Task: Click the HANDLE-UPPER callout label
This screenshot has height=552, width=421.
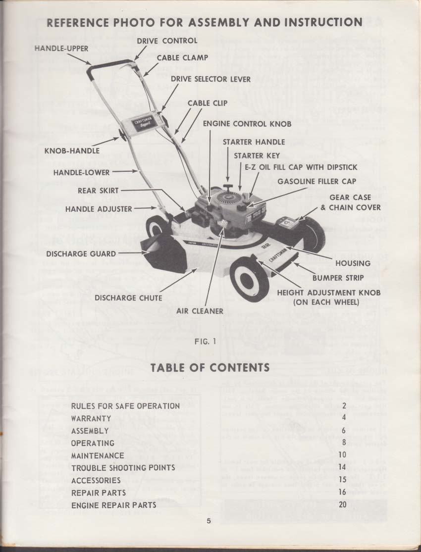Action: tap(61, 49)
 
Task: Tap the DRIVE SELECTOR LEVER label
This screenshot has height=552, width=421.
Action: tap(210, 79)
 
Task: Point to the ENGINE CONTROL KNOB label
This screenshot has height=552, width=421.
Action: tap(248, 123)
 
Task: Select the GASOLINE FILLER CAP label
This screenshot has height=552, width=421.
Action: tap(316, 181)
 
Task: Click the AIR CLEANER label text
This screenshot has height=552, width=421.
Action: tap(200, 311)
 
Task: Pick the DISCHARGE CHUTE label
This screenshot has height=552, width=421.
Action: tap(128, 298)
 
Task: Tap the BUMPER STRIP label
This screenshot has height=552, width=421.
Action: tap(338, 278)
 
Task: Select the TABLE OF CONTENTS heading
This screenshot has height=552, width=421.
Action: tap(210, 367)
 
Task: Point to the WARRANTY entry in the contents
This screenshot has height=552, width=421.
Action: tap(91, 418)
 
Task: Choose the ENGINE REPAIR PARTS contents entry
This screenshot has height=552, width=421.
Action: tap(114, 505)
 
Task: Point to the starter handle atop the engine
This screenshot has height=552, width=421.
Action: tap(228, 187)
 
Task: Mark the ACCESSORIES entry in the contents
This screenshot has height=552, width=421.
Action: tap(96, 480)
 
